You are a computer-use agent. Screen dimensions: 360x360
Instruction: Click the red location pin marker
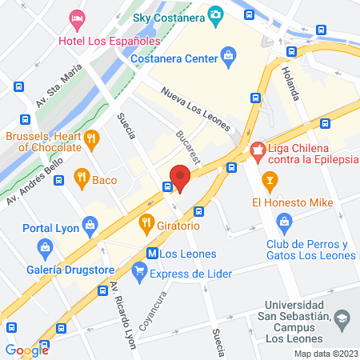179,178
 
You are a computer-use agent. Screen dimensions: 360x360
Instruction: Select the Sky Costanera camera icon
214,14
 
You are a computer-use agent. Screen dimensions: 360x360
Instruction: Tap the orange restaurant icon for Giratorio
146,222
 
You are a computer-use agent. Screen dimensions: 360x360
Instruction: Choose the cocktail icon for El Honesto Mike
271,181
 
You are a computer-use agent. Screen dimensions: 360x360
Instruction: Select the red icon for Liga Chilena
258,150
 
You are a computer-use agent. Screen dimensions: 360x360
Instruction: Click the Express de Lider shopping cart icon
141,274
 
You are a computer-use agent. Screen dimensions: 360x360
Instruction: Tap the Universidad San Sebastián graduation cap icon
342,319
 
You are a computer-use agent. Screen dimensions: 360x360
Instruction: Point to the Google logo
27,350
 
